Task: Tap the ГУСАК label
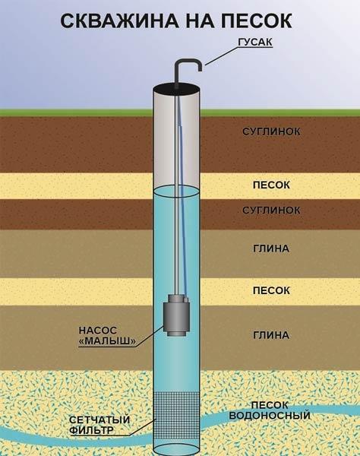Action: (x=255, y=42)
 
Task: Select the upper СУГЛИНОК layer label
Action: (x=271, y=131)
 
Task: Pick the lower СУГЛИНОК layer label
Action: (x=271, y=210)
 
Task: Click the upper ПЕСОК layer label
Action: (x=271, y=185)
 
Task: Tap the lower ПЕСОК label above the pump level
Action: (x=271, y=290)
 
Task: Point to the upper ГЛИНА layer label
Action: (x=271, y=249)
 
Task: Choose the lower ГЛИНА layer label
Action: (x=271, y=335)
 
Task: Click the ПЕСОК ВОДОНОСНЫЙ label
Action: (x=270, y=410)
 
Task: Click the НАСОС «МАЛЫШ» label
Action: (x=107, y=336)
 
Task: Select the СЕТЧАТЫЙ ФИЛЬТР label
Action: (x=99, y=425)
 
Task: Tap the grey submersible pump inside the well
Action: (x=177, y=315)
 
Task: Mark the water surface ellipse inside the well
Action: (x=177, y=192)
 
